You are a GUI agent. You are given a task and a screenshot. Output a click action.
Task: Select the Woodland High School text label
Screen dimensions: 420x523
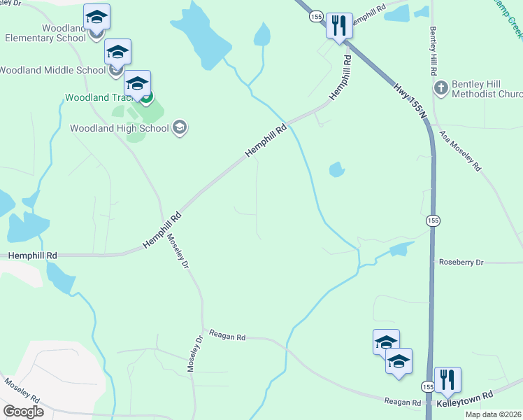120,128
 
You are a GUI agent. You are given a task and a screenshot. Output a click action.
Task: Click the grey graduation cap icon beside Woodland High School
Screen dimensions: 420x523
180,127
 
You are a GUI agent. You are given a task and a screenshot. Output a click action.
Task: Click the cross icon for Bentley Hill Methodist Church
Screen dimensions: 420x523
440,88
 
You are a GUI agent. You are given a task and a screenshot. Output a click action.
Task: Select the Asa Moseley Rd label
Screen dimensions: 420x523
461,150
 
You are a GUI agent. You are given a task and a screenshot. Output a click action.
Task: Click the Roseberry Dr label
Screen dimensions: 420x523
461,262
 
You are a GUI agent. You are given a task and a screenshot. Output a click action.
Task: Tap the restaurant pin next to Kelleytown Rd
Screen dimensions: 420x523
447,379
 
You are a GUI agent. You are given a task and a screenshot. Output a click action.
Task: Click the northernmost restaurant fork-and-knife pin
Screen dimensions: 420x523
339,26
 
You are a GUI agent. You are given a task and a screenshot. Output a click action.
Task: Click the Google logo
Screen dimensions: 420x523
23,411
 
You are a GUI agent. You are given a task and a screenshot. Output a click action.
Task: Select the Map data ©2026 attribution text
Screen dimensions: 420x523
492,414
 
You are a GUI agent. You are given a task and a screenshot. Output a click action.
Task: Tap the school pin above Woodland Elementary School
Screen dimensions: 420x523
96,16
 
